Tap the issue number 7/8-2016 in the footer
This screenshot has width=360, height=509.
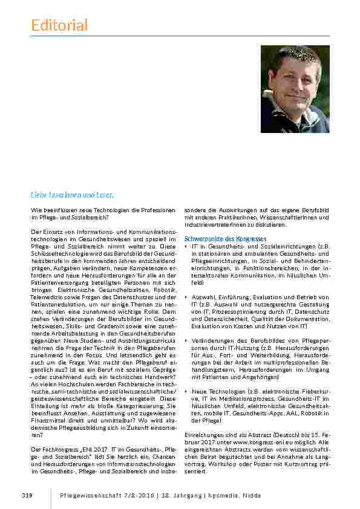137,495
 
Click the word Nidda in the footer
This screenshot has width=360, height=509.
250,495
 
